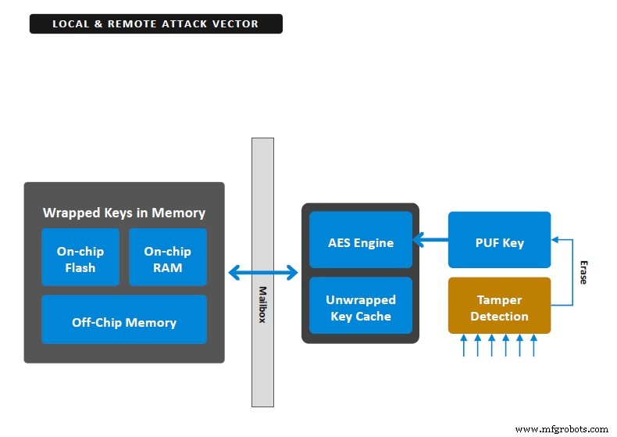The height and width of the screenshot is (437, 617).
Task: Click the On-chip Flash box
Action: coord(80,260)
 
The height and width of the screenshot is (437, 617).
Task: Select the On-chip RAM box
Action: coord(167,260)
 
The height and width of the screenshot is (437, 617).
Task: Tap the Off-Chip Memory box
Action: coord(124,322)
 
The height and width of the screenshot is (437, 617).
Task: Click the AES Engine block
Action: coord(360,242)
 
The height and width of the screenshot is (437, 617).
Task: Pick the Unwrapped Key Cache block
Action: coord(360,307)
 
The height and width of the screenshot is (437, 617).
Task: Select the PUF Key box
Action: coord(499,242)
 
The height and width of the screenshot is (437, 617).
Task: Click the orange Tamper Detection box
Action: coord(499,308)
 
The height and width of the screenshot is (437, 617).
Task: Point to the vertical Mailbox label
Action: coord(262,304)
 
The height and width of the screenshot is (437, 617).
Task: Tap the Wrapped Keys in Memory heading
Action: coord(124,213)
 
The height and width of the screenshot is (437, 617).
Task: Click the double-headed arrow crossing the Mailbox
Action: coord(263,273)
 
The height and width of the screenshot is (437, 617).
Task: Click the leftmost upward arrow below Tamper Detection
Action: coord(464,346)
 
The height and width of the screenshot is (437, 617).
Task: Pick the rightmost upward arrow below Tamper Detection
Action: coord(534,346)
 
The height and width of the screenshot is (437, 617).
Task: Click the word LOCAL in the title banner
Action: coord(70,24)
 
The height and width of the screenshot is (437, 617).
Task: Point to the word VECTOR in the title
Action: coord(236,24)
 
